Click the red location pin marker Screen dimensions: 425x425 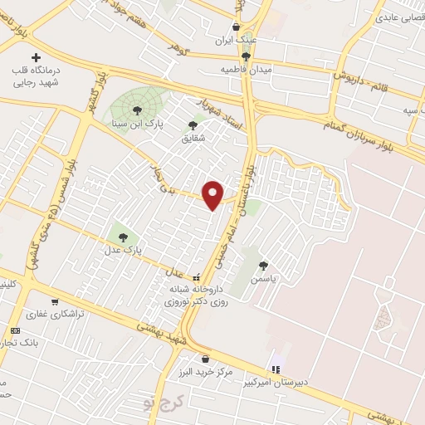tap(213, 194)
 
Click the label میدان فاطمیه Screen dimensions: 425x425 tap(247, 71)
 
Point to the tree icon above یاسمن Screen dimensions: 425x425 tap(263, 266)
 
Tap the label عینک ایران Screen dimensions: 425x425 tap(236, 40)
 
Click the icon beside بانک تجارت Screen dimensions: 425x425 tap(13, 330)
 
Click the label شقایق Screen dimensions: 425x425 tap(193, 139)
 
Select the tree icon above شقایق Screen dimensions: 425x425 tap(193, 125)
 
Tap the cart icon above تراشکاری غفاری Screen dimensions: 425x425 tap(55, 302)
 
